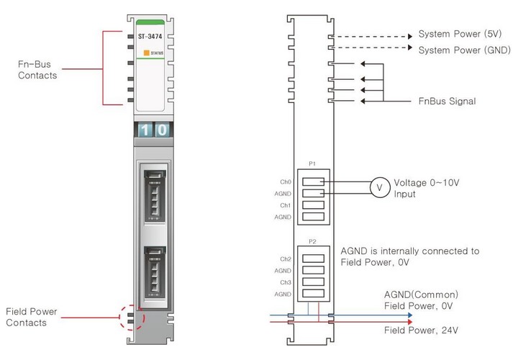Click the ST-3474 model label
tap(148, 35)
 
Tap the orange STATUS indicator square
tap(146, 53)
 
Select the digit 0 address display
tap(163, 130)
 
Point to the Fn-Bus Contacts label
tap(37, 69)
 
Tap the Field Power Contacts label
tap(31, 317)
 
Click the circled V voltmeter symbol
tap(379, 188)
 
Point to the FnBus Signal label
tap(447, 102)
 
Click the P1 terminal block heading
tap(312, 163)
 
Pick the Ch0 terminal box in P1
tap(312, 181)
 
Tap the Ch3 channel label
tap(286, 282)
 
